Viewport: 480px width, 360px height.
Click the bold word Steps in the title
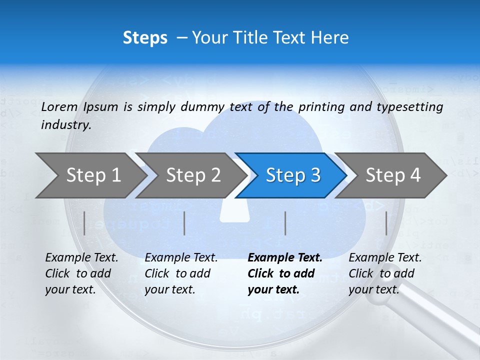(145, 38)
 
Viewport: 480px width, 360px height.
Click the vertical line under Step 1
(84, 223)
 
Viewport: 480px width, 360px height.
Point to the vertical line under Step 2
(184, 223)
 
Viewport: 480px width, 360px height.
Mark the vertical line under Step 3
(285, 223)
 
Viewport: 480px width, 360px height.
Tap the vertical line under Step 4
(386, 223)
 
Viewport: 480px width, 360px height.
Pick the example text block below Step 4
(385, 273)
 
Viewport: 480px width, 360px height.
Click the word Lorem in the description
(59, 106)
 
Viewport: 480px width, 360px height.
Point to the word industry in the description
(66, 125)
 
